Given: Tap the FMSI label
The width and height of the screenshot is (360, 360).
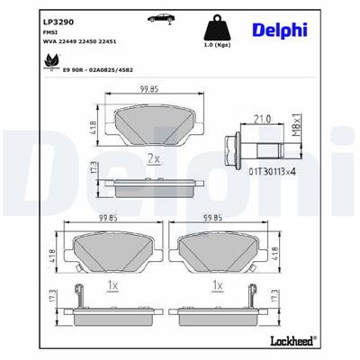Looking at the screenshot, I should [27, 29].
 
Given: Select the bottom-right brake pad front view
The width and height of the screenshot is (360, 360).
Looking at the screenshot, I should [217, 252].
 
